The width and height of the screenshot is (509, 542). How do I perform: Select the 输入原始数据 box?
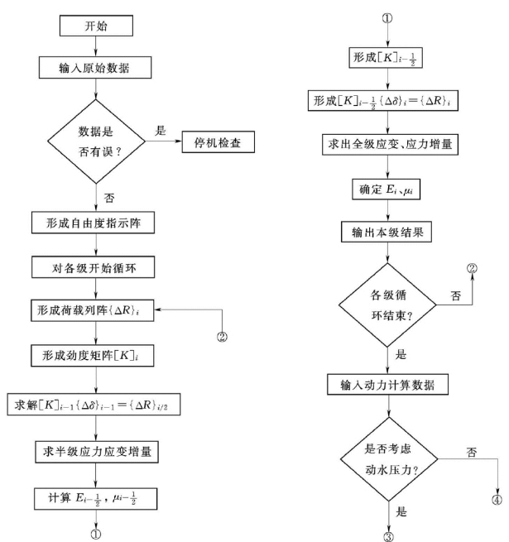click(x=96, y=66)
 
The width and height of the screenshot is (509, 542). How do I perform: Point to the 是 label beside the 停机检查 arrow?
click(x=161, y=131)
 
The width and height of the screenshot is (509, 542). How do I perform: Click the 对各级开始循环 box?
click(x=96, y=267)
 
